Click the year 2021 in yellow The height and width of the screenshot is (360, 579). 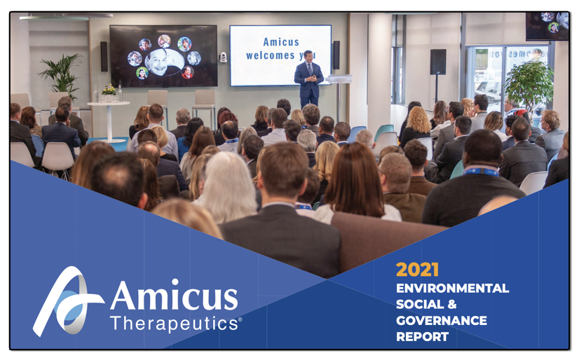[x=417, y=270]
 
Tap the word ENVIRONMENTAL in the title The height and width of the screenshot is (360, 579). [x=452, y=288]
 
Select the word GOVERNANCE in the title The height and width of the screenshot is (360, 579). [x=441, y=320]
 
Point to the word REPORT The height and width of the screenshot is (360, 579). [x=422, y=336]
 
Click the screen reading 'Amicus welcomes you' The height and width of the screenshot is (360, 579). [x=280, y=55]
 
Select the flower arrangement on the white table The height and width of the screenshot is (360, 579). [x=109, y=90]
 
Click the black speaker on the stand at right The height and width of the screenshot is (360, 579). [x=438, y=62]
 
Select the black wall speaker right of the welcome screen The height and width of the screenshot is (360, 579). [x=336, y=54]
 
